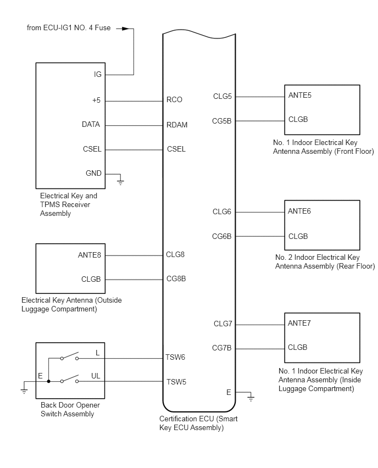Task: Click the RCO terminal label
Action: pos(174,99)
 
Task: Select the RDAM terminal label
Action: pos(177,125)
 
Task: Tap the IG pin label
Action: pos(98,74)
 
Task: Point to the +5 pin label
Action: pos(97,101)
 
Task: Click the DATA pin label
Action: pos(91,125)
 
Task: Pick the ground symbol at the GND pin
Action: pos(120,181)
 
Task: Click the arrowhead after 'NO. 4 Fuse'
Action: pos(126,29)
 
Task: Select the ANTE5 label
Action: pos(300,95)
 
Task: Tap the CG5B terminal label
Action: pos(222,121)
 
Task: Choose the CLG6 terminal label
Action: pos(222,212)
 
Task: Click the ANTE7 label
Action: pos(299,323)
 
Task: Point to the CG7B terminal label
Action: pos(222,348)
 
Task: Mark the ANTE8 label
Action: pos(90,255)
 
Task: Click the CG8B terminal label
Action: pos(176,279)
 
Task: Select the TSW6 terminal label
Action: pos(175,357)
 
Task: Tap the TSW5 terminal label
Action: pos(176,382)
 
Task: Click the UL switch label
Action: pos(96,376)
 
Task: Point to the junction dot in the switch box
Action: pos(49,381)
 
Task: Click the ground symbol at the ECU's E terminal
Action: pos(251,397)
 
